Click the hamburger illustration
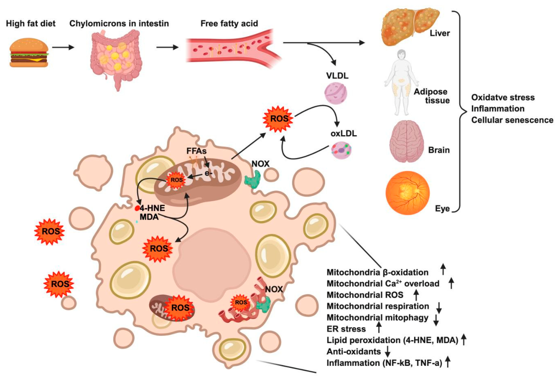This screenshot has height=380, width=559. point(29,53)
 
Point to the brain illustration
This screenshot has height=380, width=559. point(406,141)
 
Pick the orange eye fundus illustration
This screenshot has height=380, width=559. point(407,193)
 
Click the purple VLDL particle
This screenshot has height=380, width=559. point(336,93)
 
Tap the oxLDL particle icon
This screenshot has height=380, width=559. point(342,150)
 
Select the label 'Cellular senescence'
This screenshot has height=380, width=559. point(512,120)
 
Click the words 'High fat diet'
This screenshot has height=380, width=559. point(31,24)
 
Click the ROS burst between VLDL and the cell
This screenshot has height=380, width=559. point(278,119)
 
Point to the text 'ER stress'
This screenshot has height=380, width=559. point(346,329)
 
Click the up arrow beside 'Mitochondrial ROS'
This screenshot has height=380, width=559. point(416,295)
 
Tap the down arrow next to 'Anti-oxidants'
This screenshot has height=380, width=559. point(388,351)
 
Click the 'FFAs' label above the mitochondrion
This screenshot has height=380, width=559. point(197,151)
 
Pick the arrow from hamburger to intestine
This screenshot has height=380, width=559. point(63,47)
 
